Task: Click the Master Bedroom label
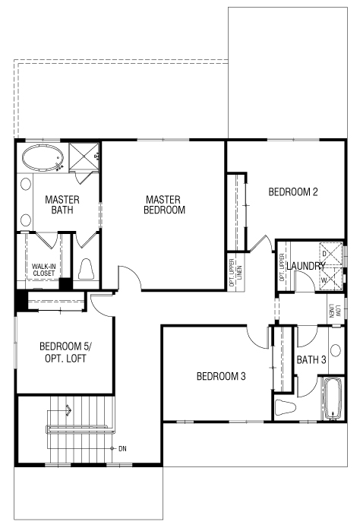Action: (164, 204)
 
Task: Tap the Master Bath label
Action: (62, 204)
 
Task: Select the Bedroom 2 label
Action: (293, 192)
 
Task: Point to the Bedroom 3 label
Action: (221, 376)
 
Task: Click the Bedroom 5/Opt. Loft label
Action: (65, 353)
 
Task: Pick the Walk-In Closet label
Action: (44, 270)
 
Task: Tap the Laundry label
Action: (306, 266)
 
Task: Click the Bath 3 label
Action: (311, 359)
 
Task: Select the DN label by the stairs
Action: (122, 448)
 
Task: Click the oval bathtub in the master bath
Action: (43, 157)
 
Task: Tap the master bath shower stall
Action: (84, 157)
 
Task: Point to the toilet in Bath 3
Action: (285, 407)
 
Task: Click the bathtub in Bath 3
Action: (333, 399)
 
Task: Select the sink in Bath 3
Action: (336, 350)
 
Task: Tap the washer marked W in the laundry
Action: (330, 279)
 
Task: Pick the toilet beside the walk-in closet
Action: (87, 269)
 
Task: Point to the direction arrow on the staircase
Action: (68, 409)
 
